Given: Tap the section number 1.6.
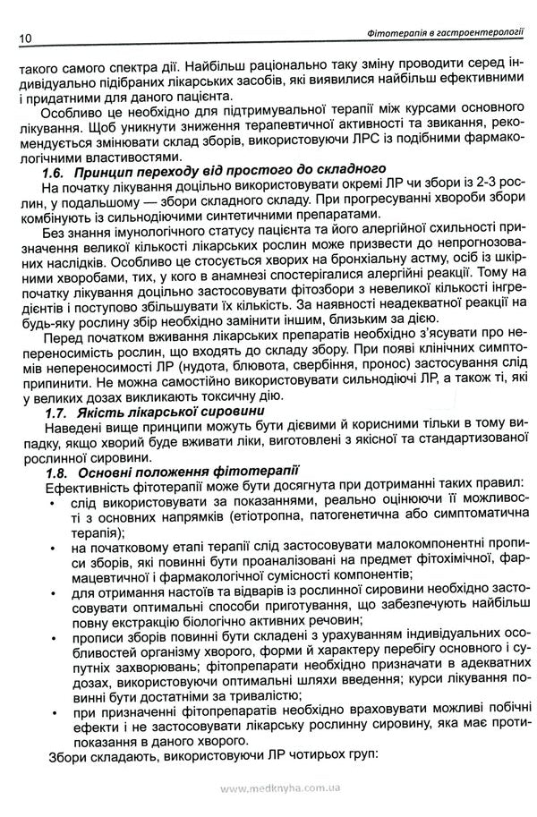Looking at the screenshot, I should click(59, 168).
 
